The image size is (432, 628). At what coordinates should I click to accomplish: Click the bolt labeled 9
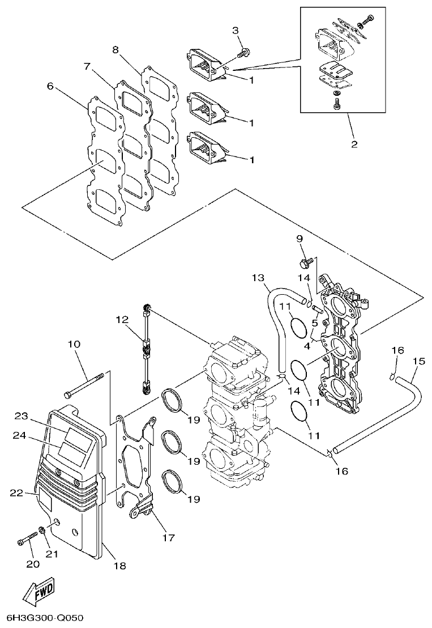[306, 263]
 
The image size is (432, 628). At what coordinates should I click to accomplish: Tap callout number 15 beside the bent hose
[418, 360]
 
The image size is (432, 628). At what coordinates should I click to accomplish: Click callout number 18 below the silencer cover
[119, 565]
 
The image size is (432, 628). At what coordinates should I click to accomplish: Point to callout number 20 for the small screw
[33, 563]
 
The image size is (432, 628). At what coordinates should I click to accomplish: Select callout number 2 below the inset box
[354, 144]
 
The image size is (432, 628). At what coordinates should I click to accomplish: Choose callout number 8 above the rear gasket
[116, 49]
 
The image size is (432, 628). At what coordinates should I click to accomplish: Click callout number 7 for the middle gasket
[87, 66]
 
